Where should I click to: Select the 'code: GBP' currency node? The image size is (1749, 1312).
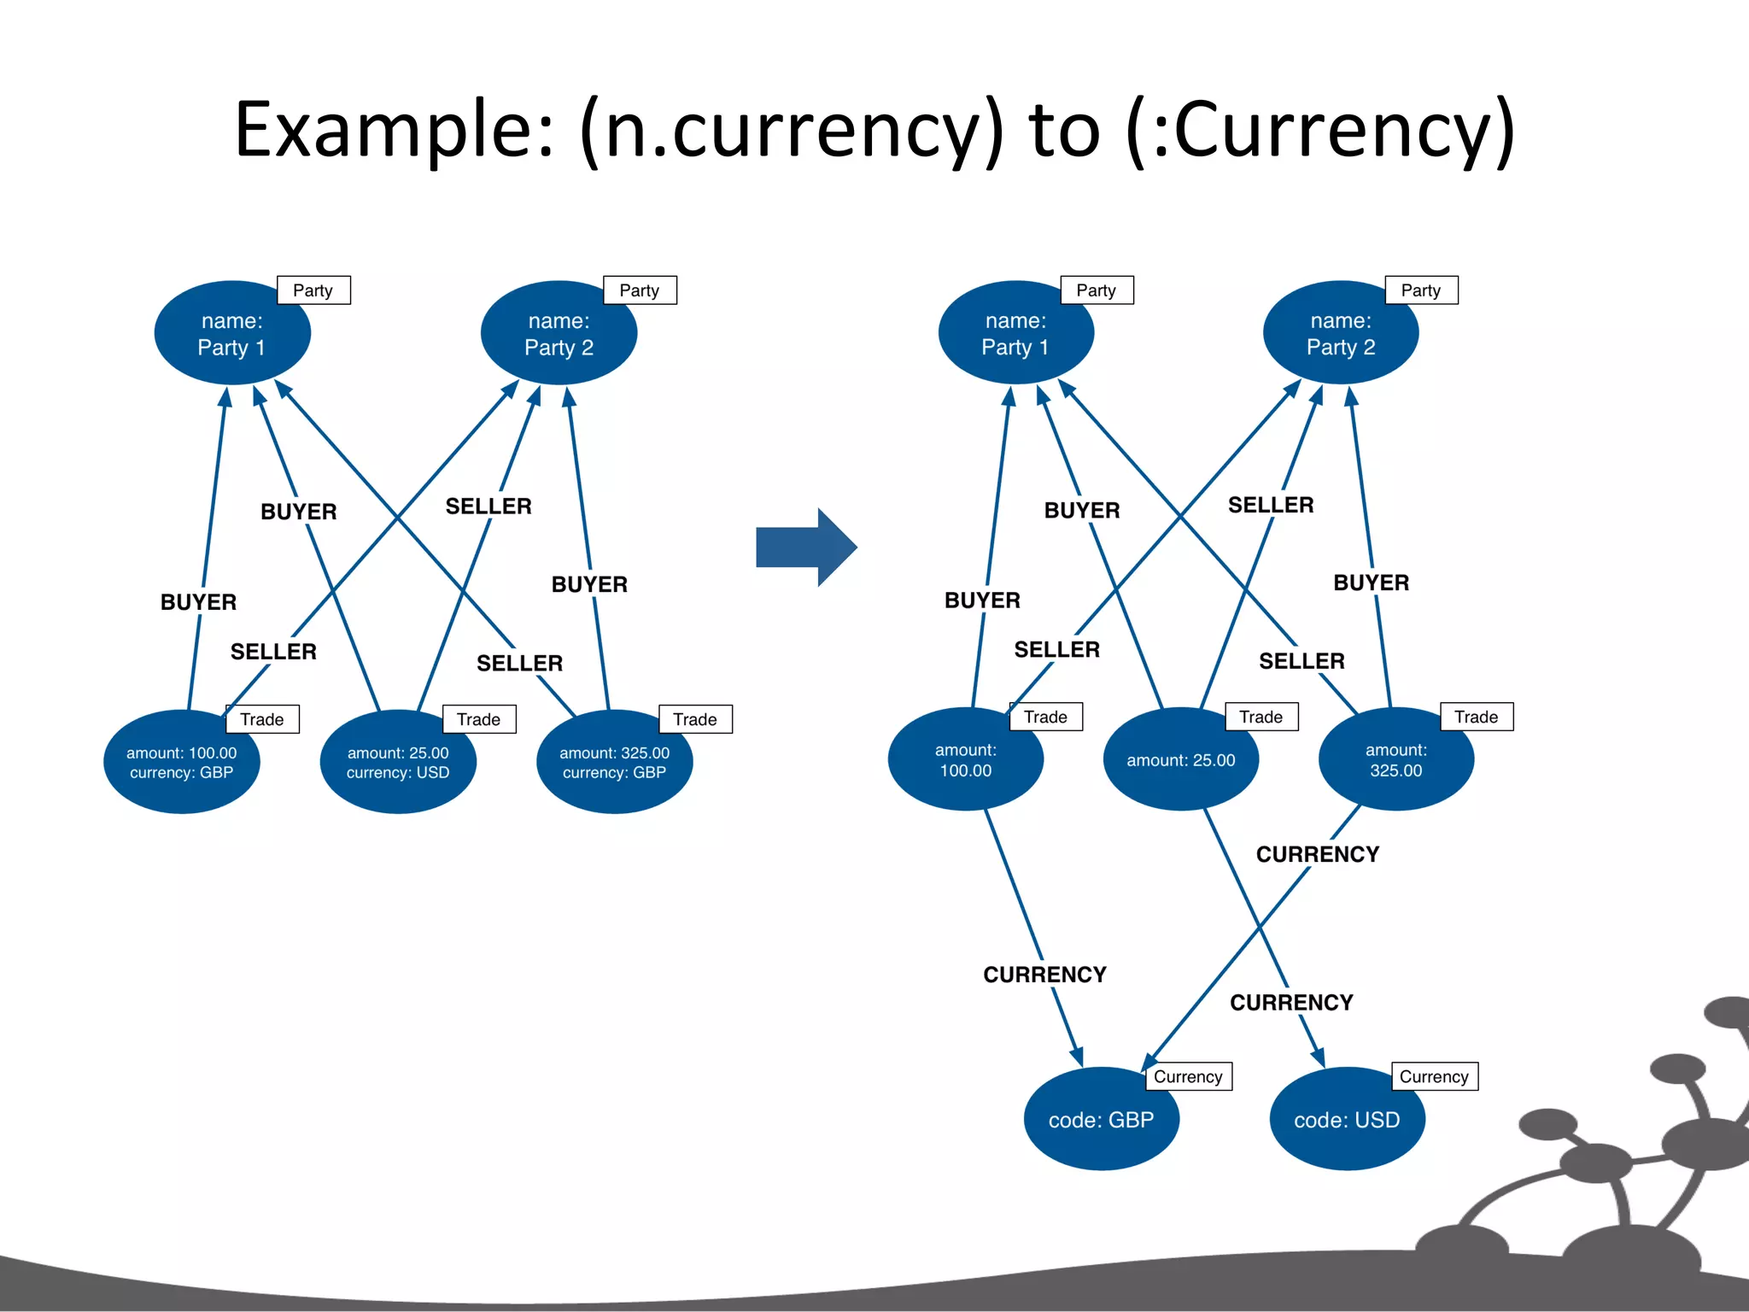(x=1101, y=1119)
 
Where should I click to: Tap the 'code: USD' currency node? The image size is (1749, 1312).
(x=1347, y=1119)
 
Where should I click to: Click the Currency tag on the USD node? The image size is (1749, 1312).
(x=1434, y=1076)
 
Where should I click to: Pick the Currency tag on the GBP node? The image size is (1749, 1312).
(x=1187, y=1076)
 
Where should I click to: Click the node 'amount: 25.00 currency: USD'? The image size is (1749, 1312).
(x=397, y=763)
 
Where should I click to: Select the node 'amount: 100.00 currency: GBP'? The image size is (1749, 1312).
(x=181, y=763)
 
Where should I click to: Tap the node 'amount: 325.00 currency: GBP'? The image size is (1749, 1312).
(x=614, y=763)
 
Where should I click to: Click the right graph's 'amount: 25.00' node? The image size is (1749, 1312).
(x=1180, y=760)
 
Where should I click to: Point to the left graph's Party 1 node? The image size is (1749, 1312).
(x=231, y=334)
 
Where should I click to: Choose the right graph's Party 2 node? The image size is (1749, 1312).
(x=1341, y=334)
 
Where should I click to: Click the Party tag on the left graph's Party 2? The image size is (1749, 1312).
(x=640, y=290)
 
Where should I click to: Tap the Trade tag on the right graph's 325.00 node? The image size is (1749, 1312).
(x=1476, y=717)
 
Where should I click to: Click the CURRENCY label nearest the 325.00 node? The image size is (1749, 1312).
(x=1317, y=854)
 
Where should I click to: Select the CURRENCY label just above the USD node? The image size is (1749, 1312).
(x=1290, y=1002)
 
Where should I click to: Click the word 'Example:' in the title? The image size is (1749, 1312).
(x=393, y=130)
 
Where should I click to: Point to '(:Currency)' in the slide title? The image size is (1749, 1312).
(x=1319, y=130)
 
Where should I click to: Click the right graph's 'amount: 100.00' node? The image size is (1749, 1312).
(x=965, y=760)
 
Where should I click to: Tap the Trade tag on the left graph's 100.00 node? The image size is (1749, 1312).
(x=262, y=719)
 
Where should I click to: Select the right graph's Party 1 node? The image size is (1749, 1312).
(x=1015, y=334)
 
